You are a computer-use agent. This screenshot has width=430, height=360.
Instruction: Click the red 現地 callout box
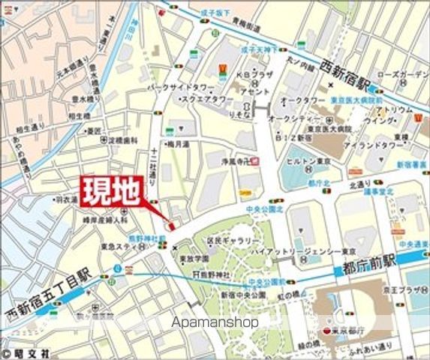[110, 192]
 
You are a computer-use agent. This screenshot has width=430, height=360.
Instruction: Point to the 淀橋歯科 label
[120, 141]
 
